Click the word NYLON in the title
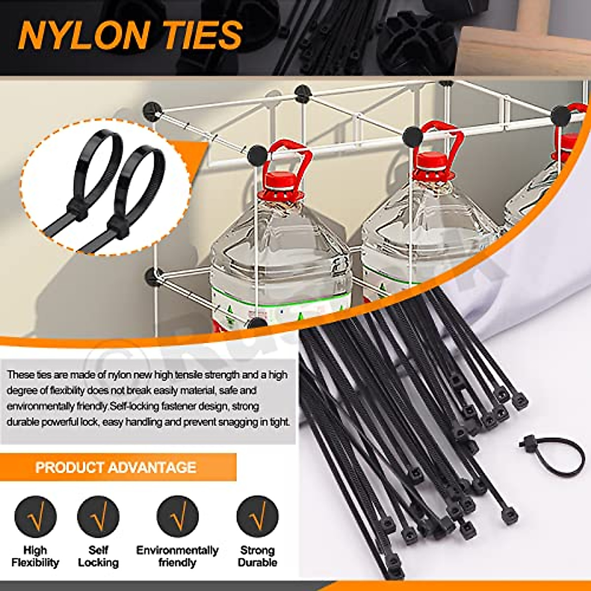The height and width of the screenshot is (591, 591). tap(85, 35)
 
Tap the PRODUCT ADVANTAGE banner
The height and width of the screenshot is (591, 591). tap(116, 467)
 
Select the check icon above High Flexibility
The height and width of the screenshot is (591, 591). tap(35, 517)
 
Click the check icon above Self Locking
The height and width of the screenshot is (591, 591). tap(98, 517)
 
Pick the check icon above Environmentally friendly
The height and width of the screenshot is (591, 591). tap(177, 517)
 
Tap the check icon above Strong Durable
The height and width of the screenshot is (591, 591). tap(257, 517)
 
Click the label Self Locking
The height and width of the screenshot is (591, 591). tap(98, 556)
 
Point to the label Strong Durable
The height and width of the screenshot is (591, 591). tap(257, 556)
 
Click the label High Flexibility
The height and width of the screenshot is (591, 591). tap(35, 556)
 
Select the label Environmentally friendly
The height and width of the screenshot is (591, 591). tap(177, 556)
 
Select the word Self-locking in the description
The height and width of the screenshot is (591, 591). tap(134, 407)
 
